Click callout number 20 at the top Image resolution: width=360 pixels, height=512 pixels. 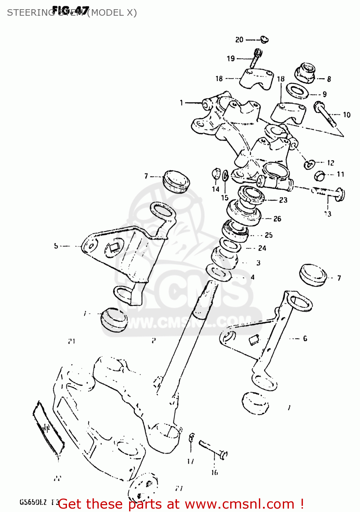coord(239,40)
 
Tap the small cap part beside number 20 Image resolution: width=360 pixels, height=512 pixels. coord(264,40)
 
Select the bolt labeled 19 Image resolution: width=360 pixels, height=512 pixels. coord(256,58)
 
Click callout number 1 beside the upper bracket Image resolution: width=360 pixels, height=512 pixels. coord(181,102)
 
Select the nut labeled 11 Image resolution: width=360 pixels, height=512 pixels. coord(319,175)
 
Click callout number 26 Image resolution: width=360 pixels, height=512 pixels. coord(277,219)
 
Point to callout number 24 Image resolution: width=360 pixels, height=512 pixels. coord(262,248)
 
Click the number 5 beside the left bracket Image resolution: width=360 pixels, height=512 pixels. coord(56,246)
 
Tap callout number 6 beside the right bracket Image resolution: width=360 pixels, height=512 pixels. coord(305,339)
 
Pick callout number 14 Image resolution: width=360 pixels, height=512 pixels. coord(216,189)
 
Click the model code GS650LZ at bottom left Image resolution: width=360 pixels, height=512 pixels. coord(33,502)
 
